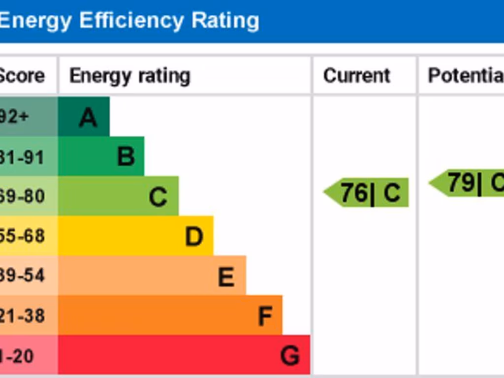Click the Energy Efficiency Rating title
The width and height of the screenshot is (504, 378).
point(129,21)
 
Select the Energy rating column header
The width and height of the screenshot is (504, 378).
point(129,76)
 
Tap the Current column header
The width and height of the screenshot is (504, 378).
point(356,76)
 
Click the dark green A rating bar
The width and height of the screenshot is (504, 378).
point(84,117)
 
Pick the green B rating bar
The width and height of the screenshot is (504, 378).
point(101,157)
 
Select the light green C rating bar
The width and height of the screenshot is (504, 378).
point(118,196)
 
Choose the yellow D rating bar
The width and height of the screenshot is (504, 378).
point(135,236)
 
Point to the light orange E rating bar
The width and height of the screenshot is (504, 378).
point(152,276)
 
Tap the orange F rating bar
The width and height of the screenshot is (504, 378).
point(170,315)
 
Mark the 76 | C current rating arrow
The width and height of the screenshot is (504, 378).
point(367,192)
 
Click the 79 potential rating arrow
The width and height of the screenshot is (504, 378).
point(468,183)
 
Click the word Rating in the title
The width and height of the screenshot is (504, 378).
point(225,21)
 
